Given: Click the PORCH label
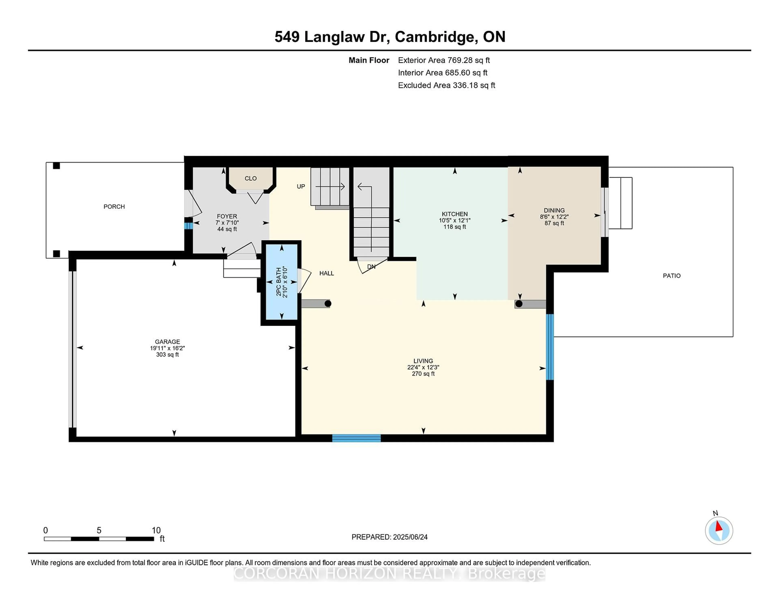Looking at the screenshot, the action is (114, 206).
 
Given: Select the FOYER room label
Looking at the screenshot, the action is (227, 216).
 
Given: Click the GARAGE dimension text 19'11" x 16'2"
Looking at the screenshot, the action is (167, 348).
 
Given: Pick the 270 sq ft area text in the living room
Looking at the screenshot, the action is (423, 374).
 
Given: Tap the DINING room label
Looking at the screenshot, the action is (554, 210).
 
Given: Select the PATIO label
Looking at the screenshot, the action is (672, 276).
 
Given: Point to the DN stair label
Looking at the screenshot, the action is (371, 266).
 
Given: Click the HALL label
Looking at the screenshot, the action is (327, 273).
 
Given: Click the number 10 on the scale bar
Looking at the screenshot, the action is (156, 530).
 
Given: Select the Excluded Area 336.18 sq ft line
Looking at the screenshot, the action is (447, 85).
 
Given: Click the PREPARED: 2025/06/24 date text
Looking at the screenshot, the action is (389, 537).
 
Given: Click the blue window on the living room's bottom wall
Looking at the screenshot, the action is (356, 438).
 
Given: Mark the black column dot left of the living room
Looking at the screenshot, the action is (328, 303).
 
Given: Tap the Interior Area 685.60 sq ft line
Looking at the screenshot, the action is (443, 73).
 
